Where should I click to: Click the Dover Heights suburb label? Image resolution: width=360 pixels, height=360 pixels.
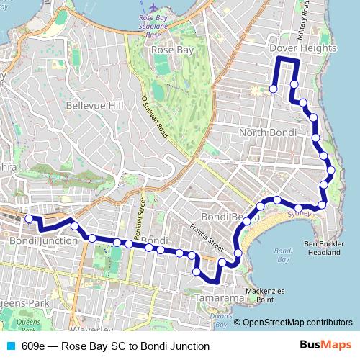(302, 48)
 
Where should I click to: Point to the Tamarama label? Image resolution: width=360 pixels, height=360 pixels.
(217, 296)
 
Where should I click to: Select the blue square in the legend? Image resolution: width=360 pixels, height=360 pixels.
(9, 346)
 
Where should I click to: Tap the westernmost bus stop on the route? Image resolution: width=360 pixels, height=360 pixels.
(29, 219)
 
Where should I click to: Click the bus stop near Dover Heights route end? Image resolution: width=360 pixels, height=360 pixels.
(273, 89)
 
